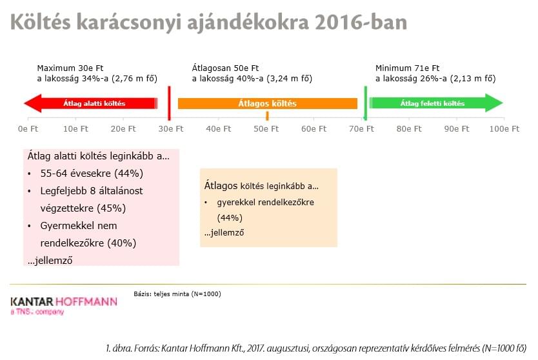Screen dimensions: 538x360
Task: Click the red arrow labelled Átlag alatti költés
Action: click(x=91, y=103)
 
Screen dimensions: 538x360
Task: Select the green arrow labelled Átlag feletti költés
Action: click(x=436, y=103)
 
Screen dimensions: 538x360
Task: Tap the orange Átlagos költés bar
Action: click(x=268, y=103)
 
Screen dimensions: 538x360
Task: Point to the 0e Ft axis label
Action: click(x=28, y=129)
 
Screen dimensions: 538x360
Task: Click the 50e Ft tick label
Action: click(x=266, y=129)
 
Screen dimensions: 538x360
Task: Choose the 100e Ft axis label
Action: click(x=504, y=129)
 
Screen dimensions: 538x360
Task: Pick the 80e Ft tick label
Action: click(x=409, y=129)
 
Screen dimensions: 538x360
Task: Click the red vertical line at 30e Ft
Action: click(x=169, y=103)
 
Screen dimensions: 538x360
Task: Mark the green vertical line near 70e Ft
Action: click(x=365, y=103)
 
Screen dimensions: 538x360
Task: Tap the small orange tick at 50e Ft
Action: click(x=267, y=116)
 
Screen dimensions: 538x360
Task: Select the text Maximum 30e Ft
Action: click(x=70, y=68)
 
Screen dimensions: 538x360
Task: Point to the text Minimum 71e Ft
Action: click(x=407, y=68)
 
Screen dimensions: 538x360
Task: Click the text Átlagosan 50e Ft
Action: click(x=225, y=68)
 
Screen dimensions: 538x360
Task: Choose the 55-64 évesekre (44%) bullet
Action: click(x=92, y=174)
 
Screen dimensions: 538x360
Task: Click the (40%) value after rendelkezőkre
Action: click(x=122, y=243)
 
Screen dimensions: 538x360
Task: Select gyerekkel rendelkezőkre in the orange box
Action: click(x=266, y=202)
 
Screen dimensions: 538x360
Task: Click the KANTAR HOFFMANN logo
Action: click(x=64, y=305)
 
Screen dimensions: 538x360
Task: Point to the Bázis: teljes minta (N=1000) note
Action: click(x=177, y=294)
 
